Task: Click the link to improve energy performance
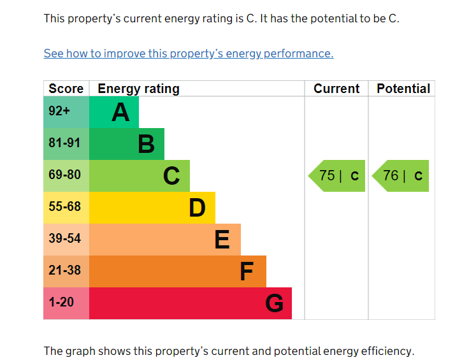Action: [x=189, y=54]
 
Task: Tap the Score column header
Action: [x=66, y=89]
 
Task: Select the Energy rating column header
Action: [x=138, y=89]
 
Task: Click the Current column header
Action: [x=336, y=89]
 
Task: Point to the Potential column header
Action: [x=403, y=89]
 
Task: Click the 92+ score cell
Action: [x=66, y=112]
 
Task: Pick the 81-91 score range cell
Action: [x=66, y=144]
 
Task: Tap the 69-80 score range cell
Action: [x=66, y=176]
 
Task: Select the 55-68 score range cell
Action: [x=66, y=208]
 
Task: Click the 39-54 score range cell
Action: [x=66, y=240]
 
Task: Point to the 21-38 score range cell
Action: [x=66, y=271]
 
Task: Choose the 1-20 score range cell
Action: [x=66, y=303]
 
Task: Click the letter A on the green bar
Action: [x=120, y=112]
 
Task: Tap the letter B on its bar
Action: [x=147, y=144]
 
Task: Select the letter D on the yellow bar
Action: [x=197, y=208]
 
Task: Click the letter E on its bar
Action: [x=222, y=240]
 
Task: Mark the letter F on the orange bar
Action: [x=247, y=271]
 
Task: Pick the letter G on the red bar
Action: [x=274, y=303]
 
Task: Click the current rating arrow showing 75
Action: [x=336, y=176]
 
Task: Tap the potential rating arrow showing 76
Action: [x=400, y=176]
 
